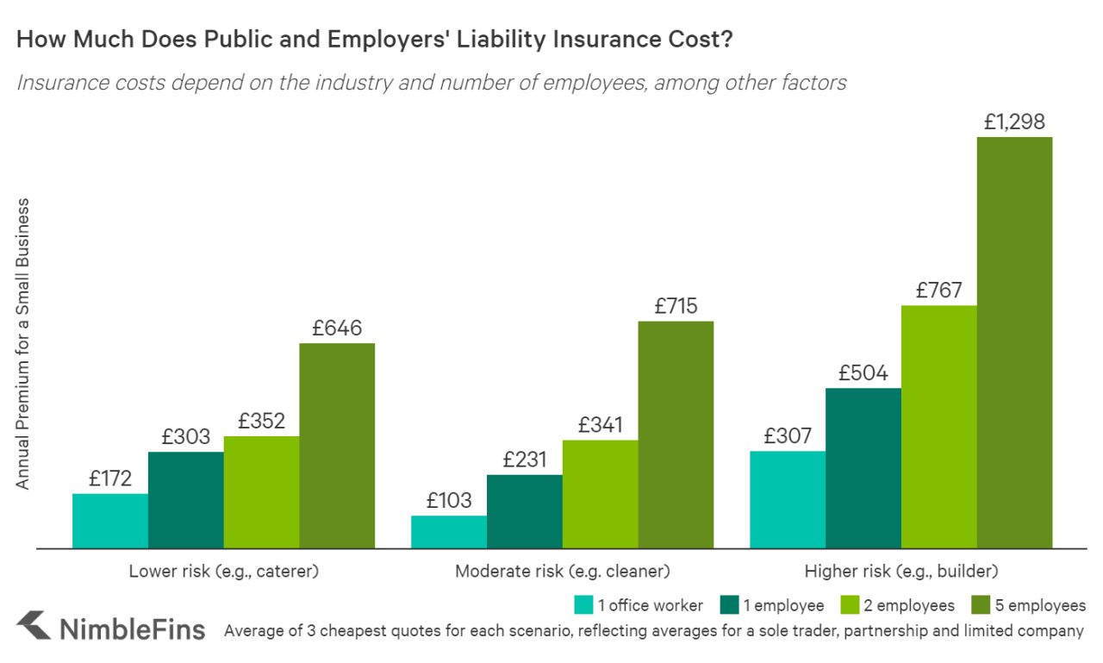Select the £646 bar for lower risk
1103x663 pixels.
pyautogui.click(x=337, y=446)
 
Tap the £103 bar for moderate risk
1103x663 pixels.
pyautogui.click(x=449, y=532)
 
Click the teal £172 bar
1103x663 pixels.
pyautogui.click(x=110, y=521)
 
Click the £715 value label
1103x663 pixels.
pyautogui.click(x=676, y=305)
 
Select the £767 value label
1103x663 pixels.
pyautogui.click(x=938, y=291)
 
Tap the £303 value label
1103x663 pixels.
pyautogui.click(x=185, y=437)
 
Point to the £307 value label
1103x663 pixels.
pyautogui.click(x=788, y=436)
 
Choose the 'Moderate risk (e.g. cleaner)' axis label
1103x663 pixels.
pyautogui.click(x=562, y=571)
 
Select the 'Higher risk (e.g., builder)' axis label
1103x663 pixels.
pyautogui.click(x=900, y=571)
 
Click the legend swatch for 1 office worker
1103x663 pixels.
pyautogui.click(x=584, y=604)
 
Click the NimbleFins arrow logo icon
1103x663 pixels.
pyautogui.click(x=34, y=626)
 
